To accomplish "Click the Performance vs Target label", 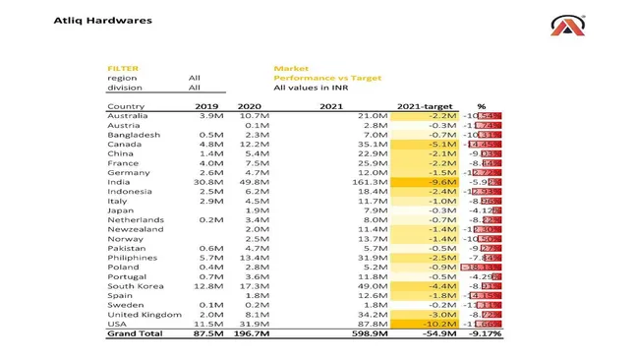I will click(x=327, y=78).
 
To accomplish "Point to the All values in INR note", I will click(x=317, y=88).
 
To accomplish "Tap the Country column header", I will click(x=126, y=106).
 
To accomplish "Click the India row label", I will click(x=118, y=182).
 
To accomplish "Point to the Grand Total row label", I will click(x=135, y=334).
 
